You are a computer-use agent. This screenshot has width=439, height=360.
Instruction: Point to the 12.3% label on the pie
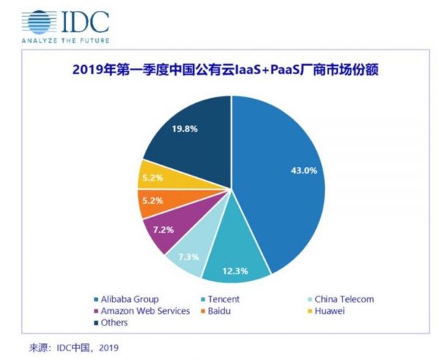[x=236, y=271]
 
